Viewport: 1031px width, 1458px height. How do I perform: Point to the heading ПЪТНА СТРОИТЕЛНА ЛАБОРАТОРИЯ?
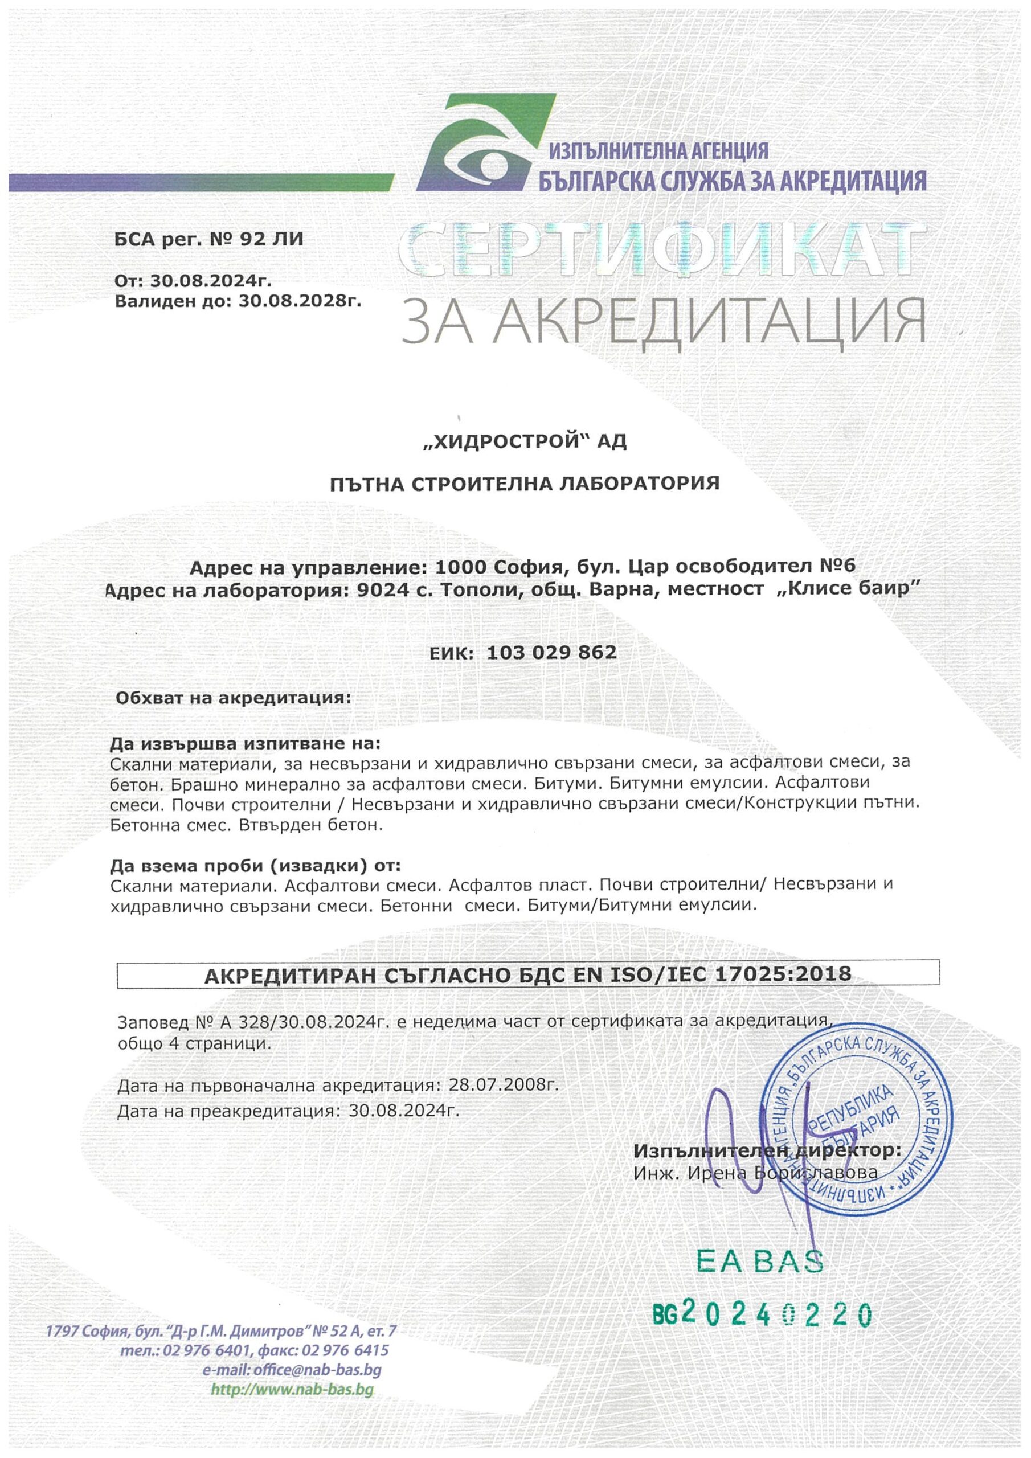[525, 484]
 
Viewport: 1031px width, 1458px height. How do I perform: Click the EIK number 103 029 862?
[551, 652]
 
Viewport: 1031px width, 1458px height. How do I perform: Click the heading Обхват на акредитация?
[232, 698]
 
